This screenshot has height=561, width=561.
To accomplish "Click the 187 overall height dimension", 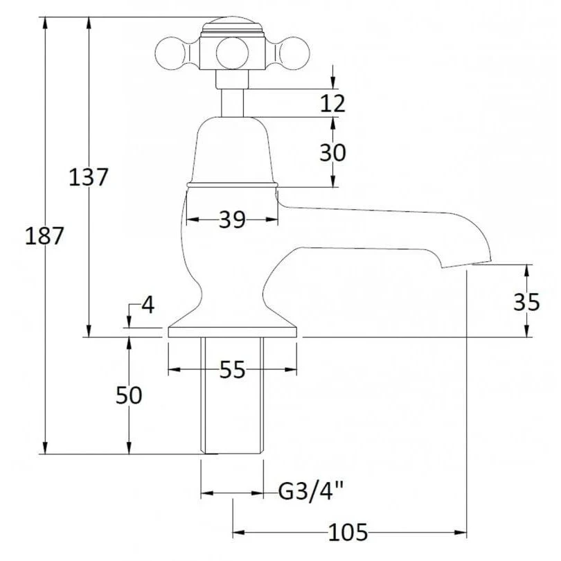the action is [44, 236].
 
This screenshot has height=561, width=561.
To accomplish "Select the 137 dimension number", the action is [89, 177].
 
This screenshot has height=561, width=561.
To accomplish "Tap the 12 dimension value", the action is [332, 103].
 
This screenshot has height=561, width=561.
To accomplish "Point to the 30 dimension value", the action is [332, 152].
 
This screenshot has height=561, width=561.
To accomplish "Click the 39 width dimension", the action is [232, 220].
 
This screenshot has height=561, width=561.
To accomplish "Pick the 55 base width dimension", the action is [232, 369].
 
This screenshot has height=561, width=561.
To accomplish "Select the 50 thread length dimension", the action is [129, 395].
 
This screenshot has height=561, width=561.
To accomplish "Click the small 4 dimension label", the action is [148, 305].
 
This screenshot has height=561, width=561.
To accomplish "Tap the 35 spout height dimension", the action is [526, 301].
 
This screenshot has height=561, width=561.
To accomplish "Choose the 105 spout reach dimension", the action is [348, 533].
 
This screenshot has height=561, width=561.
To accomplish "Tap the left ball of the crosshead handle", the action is [170, 53].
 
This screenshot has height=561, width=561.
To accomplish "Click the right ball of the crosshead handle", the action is [294, 53].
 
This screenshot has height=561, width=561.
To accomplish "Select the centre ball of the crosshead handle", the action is [232, 53].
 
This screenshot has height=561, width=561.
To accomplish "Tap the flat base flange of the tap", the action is [232, 332].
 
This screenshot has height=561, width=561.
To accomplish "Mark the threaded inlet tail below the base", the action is [232, 395].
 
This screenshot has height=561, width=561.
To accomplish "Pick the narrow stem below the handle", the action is [232, 103].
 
